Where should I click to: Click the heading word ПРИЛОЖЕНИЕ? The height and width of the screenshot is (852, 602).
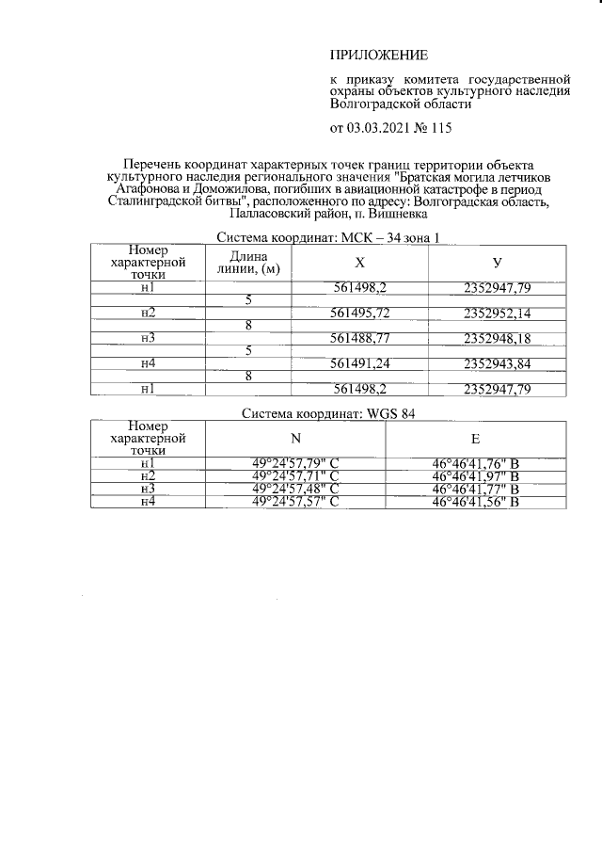tap(378, 54)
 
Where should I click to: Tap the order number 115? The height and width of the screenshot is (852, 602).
tap(441, 127)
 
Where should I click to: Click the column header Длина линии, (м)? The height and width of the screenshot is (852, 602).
tap(248, 263)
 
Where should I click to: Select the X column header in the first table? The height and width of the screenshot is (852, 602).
tap(359, 263)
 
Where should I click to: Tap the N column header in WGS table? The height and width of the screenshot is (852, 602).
tap(295, 438)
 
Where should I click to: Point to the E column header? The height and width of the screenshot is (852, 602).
tap(475, 438)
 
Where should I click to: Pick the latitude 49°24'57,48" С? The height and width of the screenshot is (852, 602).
tap(295, 489)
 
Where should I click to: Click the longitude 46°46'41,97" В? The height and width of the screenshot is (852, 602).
tap(475, 476)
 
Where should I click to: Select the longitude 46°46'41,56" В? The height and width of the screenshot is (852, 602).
tap(475, 502)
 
